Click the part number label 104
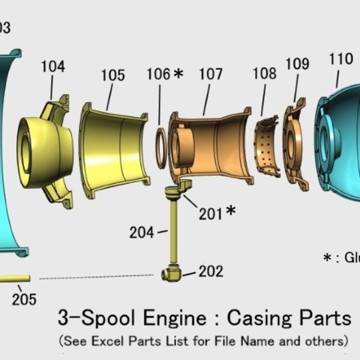[52, 67]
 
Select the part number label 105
[112, 75]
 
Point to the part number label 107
[211, 75]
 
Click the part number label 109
[297, 64]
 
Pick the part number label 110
[340, 59]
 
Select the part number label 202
[211, 271]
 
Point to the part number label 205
[24, 299]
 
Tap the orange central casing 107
[210, 142]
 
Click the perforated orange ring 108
[264, 146]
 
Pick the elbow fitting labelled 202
[171, 274]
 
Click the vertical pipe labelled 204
[173, 232]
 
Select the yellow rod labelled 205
[15, 278]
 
